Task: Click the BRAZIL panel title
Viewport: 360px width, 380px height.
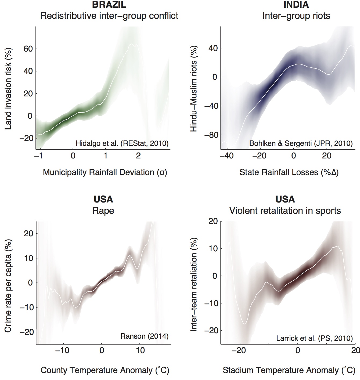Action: (109, 5)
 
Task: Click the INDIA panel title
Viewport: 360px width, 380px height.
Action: (296, 5)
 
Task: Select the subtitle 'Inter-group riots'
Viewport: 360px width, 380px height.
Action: (296, 16)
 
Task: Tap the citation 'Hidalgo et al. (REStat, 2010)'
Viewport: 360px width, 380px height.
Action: (122, 143)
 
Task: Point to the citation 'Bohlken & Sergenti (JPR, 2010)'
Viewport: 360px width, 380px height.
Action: (301, 143)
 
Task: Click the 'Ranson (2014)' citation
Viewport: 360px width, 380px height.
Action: (144, 336)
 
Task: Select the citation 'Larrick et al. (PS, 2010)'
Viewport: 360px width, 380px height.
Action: (314, 338)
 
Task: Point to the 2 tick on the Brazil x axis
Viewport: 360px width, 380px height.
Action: (138, 156)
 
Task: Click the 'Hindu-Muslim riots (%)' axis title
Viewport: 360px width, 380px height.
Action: (194, 89)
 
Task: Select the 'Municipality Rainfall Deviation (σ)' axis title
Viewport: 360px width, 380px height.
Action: (105, 172)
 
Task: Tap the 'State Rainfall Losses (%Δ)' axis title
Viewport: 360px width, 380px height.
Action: (289, 172)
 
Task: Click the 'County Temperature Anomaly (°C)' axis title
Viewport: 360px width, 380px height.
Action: (105, 370)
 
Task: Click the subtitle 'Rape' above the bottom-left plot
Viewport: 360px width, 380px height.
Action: (103, 211)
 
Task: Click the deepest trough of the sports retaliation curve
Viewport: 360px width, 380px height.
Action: (244, 324)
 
